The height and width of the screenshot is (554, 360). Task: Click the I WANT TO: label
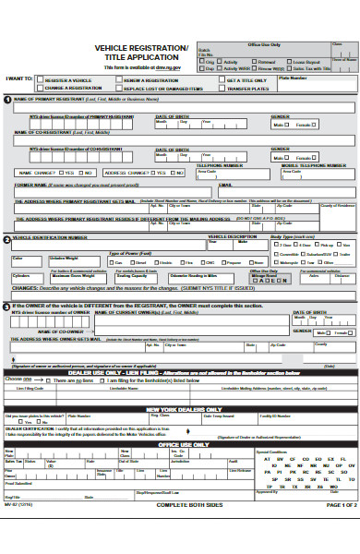coord(19,79)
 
